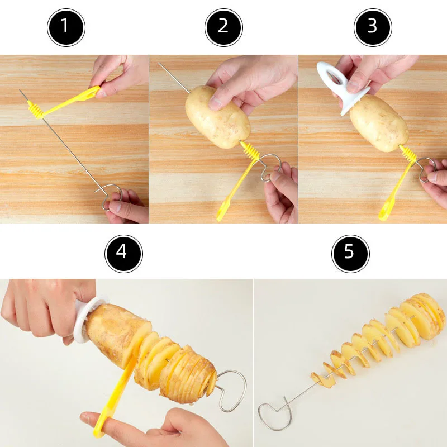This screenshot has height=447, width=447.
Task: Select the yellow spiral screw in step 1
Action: (x=37, y=108)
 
